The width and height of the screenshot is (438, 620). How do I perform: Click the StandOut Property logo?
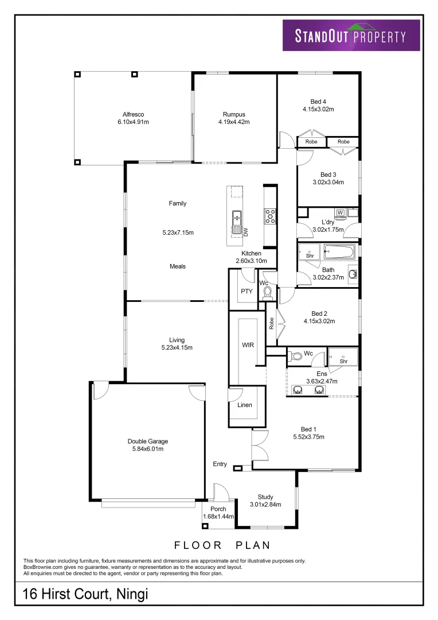(x=351, y=35)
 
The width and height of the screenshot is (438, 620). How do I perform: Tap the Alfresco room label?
(x=133, y=114)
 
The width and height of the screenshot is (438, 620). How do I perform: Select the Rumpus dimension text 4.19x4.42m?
(x=234, y=122)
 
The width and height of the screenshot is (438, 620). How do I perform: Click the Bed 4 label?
(x=318, y=102)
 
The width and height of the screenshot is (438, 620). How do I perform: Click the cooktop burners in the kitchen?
(x=271, y=216)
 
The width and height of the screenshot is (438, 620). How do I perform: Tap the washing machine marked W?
(x=341, y=213)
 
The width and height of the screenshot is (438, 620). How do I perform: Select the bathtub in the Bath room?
(x=339, y=251)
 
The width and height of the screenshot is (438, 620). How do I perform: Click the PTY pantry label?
(x=247, y=291)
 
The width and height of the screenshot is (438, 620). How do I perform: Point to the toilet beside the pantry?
(x=268, y=293)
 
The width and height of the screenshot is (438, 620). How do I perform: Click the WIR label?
(x=248, y=345)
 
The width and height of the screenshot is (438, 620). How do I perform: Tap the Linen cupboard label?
(x=245, y=405)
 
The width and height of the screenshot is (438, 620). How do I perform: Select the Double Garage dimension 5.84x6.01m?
(x=148, y=449)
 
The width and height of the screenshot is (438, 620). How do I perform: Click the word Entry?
(x=220, y=464)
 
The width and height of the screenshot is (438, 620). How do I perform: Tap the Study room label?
(x=265, y=497)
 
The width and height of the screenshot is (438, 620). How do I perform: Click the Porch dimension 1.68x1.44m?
(x=218, y=517)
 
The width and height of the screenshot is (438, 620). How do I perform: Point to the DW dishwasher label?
(x=246, y=232)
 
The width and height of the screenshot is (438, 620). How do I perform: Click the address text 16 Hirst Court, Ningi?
(x=85, y=594)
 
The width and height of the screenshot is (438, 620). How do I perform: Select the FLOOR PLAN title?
(x=222, y=545)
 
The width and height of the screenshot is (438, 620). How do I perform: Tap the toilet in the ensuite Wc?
(x=295, y=356)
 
